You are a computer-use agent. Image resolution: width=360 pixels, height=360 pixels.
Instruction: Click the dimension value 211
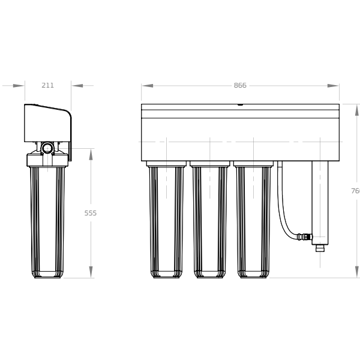47,86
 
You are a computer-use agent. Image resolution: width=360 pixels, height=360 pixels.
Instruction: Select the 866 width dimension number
240,86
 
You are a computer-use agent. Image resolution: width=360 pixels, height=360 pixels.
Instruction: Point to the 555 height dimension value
91,213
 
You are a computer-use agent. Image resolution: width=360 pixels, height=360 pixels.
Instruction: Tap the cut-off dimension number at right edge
355,191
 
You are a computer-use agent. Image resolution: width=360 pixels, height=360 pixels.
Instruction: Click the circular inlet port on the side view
47,148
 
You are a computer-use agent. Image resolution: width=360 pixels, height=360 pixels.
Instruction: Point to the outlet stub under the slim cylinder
320,247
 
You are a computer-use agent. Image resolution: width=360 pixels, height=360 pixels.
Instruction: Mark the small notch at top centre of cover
240,105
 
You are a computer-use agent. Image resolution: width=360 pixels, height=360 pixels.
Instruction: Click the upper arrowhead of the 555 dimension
91,155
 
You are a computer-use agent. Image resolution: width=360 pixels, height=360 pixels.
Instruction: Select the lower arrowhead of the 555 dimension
91,272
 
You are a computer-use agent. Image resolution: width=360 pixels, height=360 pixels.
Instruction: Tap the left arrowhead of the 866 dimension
148,86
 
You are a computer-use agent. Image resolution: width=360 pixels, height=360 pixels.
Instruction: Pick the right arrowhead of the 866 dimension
333,86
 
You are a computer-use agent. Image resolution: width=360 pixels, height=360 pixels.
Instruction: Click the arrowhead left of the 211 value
18,86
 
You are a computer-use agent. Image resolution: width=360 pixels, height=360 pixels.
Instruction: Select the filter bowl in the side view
47,222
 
